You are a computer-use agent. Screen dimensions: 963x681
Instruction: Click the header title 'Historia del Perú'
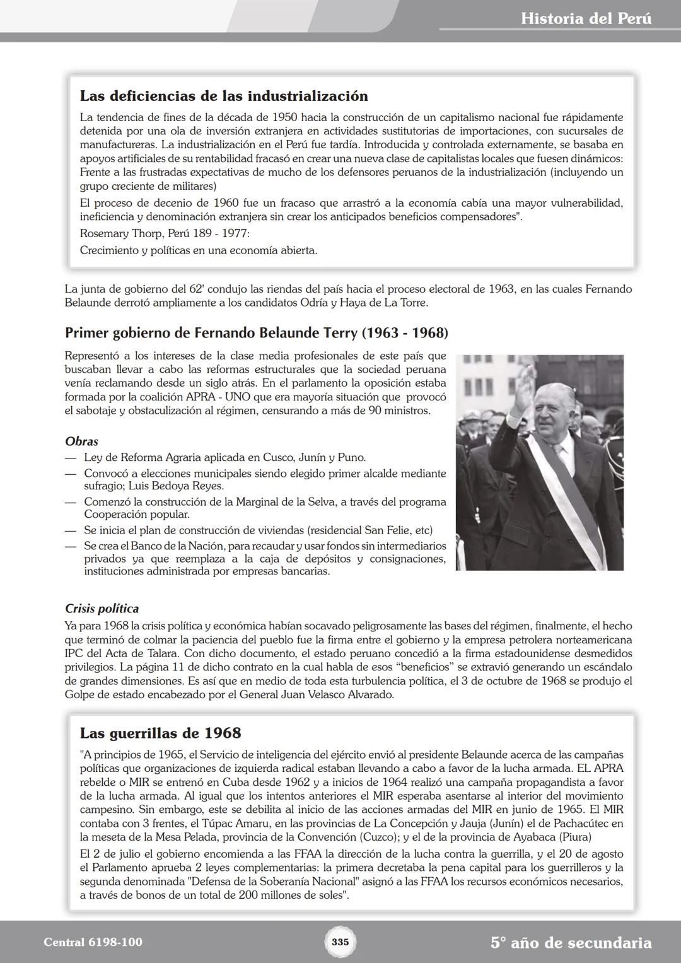coord(586,18)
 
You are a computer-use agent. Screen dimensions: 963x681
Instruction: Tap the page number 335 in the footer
coord(340,942)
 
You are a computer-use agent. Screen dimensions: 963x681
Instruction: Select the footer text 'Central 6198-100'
coord(93,942)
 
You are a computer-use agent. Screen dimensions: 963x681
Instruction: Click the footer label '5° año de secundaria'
coord(571,943)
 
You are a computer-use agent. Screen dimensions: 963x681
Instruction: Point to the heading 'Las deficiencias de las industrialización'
coord(224,96)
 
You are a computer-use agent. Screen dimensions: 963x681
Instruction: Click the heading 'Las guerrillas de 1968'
coord(160,733)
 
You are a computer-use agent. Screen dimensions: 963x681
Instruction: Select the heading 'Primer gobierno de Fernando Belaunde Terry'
coord(256,332)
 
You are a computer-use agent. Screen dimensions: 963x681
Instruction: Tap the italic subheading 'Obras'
coord(81,441)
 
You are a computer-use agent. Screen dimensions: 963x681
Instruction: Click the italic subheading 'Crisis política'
coord(102,609)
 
